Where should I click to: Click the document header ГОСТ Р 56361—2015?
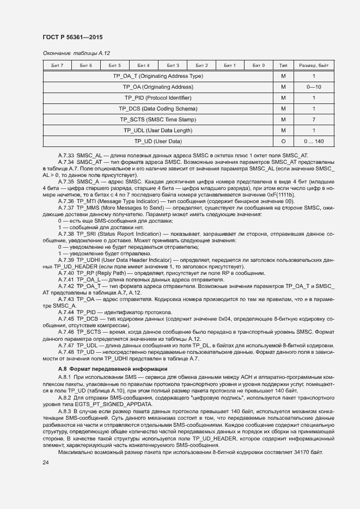click(72, 37)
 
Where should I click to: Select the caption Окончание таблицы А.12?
click(76, 53)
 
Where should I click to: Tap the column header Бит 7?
click(57, 65)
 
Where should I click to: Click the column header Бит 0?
click(259, 65)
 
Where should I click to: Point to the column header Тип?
click(283, 65)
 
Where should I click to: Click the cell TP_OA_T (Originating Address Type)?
click(158, 76)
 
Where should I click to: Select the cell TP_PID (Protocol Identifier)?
click(158, 98)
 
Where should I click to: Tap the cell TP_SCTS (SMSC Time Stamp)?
click(158, 120)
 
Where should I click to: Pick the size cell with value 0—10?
click(314, 87)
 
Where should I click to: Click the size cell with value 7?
click(314, 120)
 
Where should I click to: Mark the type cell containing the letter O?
click(283, 142)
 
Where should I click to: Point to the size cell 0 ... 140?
click(314, 142)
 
